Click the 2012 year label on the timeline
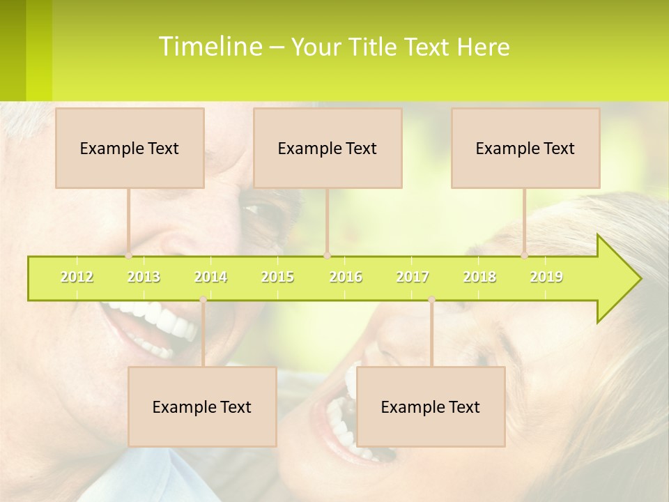(x=77, y=277)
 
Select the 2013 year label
(x=144, y=277)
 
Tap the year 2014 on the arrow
(x=210, y=277)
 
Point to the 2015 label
(x=277, y=277)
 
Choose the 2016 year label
(x=346, y=277)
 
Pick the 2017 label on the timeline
(x=413, y=277)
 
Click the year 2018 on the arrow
(x=479, y=277)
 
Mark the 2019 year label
(x=546, y=277)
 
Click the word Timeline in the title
(x=209, y=47)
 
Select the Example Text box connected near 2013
(x=130, y=148)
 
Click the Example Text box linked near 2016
(x=328, y=148)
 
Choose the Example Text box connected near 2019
(x=525, y=148)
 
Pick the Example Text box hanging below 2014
(x=202, y=406)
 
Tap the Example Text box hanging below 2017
(x=431, y=406)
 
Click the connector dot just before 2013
(x=128, y=256)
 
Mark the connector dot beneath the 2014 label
(x=203, y=299)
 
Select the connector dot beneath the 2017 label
(x=431, y=299)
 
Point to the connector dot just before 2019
(x=525, y=256)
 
